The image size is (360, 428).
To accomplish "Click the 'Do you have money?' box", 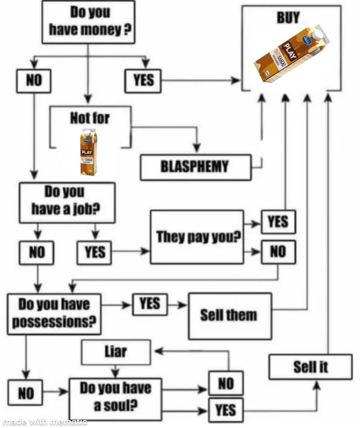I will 88,22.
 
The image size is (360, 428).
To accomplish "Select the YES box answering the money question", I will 143,81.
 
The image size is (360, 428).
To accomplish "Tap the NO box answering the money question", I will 34,81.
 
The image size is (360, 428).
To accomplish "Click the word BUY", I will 287,17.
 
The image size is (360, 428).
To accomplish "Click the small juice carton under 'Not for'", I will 88,152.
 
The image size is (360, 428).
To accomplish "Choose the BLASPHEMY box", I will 195,167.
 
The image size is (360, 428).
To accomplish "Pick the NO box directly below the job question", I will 37,252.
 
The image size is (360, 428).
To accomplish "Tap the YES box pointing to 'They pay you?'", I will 94,252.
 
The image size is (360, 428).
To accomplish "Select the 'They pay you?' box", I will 197,237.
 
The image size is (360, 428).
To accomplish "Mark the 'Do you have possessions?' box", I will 54,313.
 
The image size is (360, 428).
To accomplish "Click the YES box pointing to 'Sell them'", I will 149,305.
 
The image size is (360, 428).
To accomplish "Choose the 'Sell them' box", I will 229,315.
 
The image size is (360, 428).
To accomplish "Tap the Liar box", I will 116,353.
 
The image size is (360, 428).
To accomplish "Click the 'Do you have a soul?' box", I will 115,396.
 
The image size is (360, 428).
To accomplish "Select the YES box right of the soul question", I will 225,410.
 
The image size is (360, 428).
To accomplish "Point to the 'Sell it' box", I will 310,368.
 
